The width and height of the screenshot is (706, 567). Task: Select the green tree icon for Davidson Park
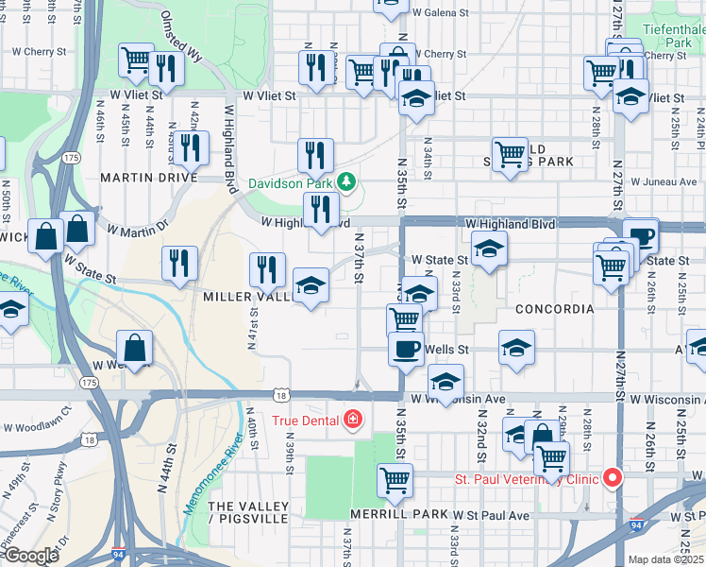tap(346, 181)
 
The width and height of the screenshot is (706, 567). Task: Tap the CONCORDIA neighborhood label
tap(554, 309)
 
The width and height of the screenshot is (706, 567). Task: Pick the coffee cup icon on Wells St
tap(407, 348)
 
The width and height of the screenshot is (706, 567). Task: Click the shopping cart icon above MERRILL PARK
tap(395, 479)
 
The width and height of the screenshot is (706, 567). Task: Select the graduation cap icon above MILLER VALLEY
tap(310, 285)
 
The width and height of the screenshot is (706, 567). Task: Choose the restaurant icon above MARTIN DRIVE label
tap(191, 146)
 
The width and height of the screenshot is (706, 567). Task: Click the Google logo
tap(31, 556)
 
